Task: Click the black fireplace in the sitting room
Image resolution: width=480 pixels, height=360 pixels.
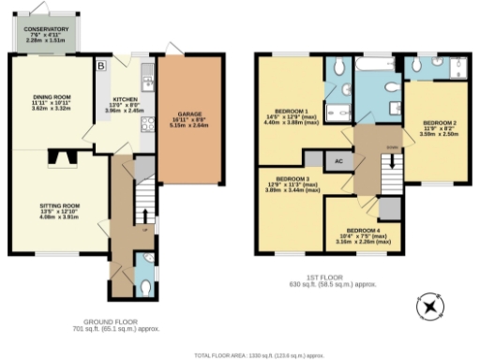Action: pos(65,159)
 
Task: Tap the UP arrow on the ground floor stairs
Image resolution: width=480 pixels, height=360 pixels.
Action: pos(144,221)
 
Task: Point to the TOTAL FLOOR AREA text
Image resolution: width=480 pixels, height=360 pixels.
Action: pos(258,355)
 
